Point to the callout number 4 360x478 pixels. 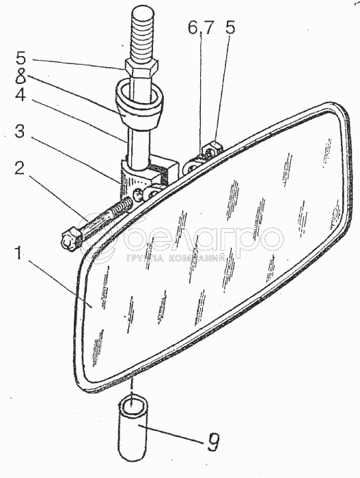(x=20, y=96)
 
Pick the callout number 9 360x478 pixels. (x=212, y=442)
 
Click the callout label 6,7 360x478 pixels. (x=200, y=29)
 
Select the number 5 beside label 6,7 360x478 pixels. (x=230, y=28)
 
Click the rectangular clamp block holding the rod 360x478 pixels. (x=148, y=176)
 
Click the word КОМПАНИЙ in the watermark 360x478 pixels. (x=197, y=259)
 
